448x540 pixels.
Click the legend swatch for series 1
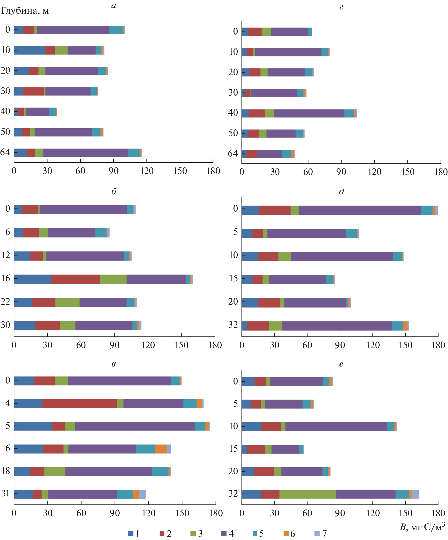point(131,534)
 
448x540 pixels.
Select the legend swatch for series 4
point(224,534)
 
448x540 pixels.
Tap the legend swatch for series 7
point(317,534)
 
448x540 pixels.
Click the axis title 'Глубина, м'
point(25,11)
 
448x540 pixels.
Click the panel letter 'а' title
point(114,6)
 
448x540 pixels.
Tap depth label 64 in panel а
point(6,152)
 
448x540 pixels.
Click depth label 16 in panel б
point(6,278)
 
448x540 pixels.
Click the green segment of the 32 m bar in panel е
point(308,494)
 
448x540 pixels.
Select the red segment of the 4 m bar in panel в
point(79,403)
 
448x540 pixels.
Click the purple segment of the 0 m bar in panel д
point(360,210)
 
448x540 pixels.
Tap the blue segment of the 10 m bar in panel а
point(30,50)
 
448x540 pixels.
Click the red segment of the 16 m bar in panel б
point(75,279)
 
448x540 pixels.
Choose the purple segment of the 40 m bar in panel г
point(309,113)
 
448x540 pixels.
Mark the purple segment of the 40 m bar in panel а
point(38,112)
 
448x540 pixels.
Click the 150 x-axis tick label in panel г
point(408,172)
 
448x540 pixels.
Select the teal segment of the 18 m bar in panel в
point(160,471)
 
